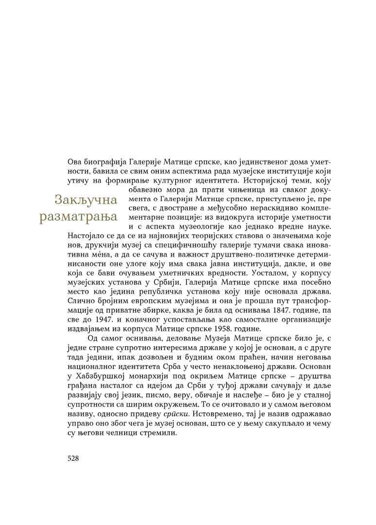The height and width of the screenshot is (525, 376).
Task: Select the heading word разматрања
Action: click(79, 216)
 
